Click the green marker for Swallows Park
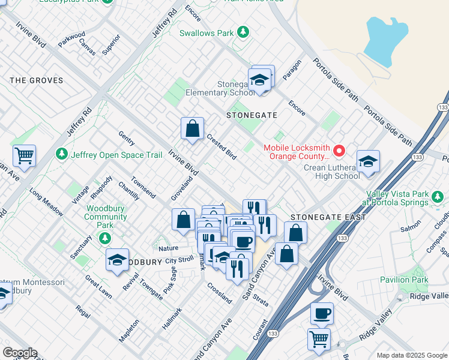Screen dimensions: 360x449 pyautogui.click(x=243, y=32)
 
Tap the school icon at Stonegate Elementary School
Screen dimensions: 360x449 pyautogui.click(x=259, y=80)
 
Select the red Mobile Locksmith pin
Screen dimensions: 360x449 pyautogui.click(x=339, y=150)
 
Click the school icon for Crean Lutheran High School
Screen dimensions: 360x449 pyautogui.click(x=368, y=161)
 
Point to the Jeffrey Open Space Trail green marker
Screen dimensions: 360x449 pyautogui.click(x=62, y=155)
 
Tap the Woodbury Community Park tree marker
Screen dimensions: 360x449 pyautogui.click(x=106, y=238)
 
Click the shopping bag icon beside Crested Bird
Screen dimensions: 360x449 pyautogui.click(x=192, y=128)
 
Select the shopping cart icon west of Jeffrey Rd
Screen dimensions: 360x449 pyautogui.click(x=24, y=155)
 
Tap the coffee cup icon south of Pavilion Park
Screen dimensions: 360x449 pyautogui.click(x=322, y=313)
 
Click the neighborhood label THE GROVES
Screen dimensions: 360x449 pyautogui.click(x=37, y=80)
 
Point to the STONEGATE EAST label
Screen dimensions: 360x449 pyautogui.click(x=328, y=217)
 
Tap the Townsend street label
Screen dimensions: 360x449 pyautogui.click(x=143, y=188)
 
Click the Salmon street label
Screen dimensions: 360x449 pyautogui.click(x=411, y=227)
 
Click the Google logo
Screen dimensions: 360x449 pyautogui.click(x=19, y=353)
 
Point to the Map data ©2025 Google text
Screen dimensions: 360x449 pyautogui.click(x=411, y=355)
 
